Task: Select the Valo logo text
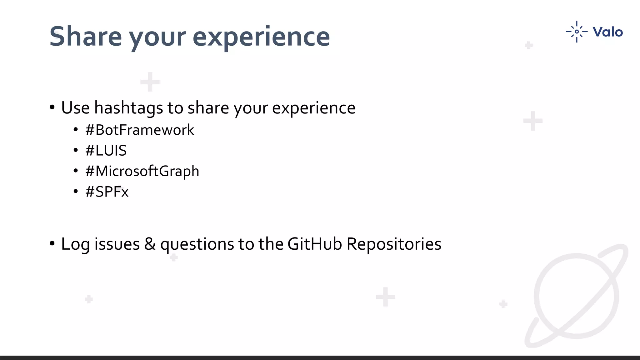(607, 32)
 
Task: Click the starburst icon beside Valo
(577, 32)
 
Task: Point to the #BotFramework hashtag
(139, 130)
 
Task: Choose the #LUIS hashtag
(106, 151)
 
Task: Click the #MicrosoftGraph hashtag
(142, 171)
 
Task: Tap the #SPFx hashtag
(107, 192)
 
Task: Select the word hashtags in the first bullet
(128, 108)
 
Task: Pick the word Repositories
(394, 244)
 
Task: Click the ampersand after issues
(150, 244)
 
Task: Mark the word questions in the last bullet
(197, 244)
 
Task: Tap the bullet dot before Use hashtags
(52, 107)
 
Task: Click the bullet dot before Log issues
(52, 243)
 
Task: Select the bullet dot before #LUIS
(76, 151)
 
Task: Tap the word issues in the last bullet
(117, 244)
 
